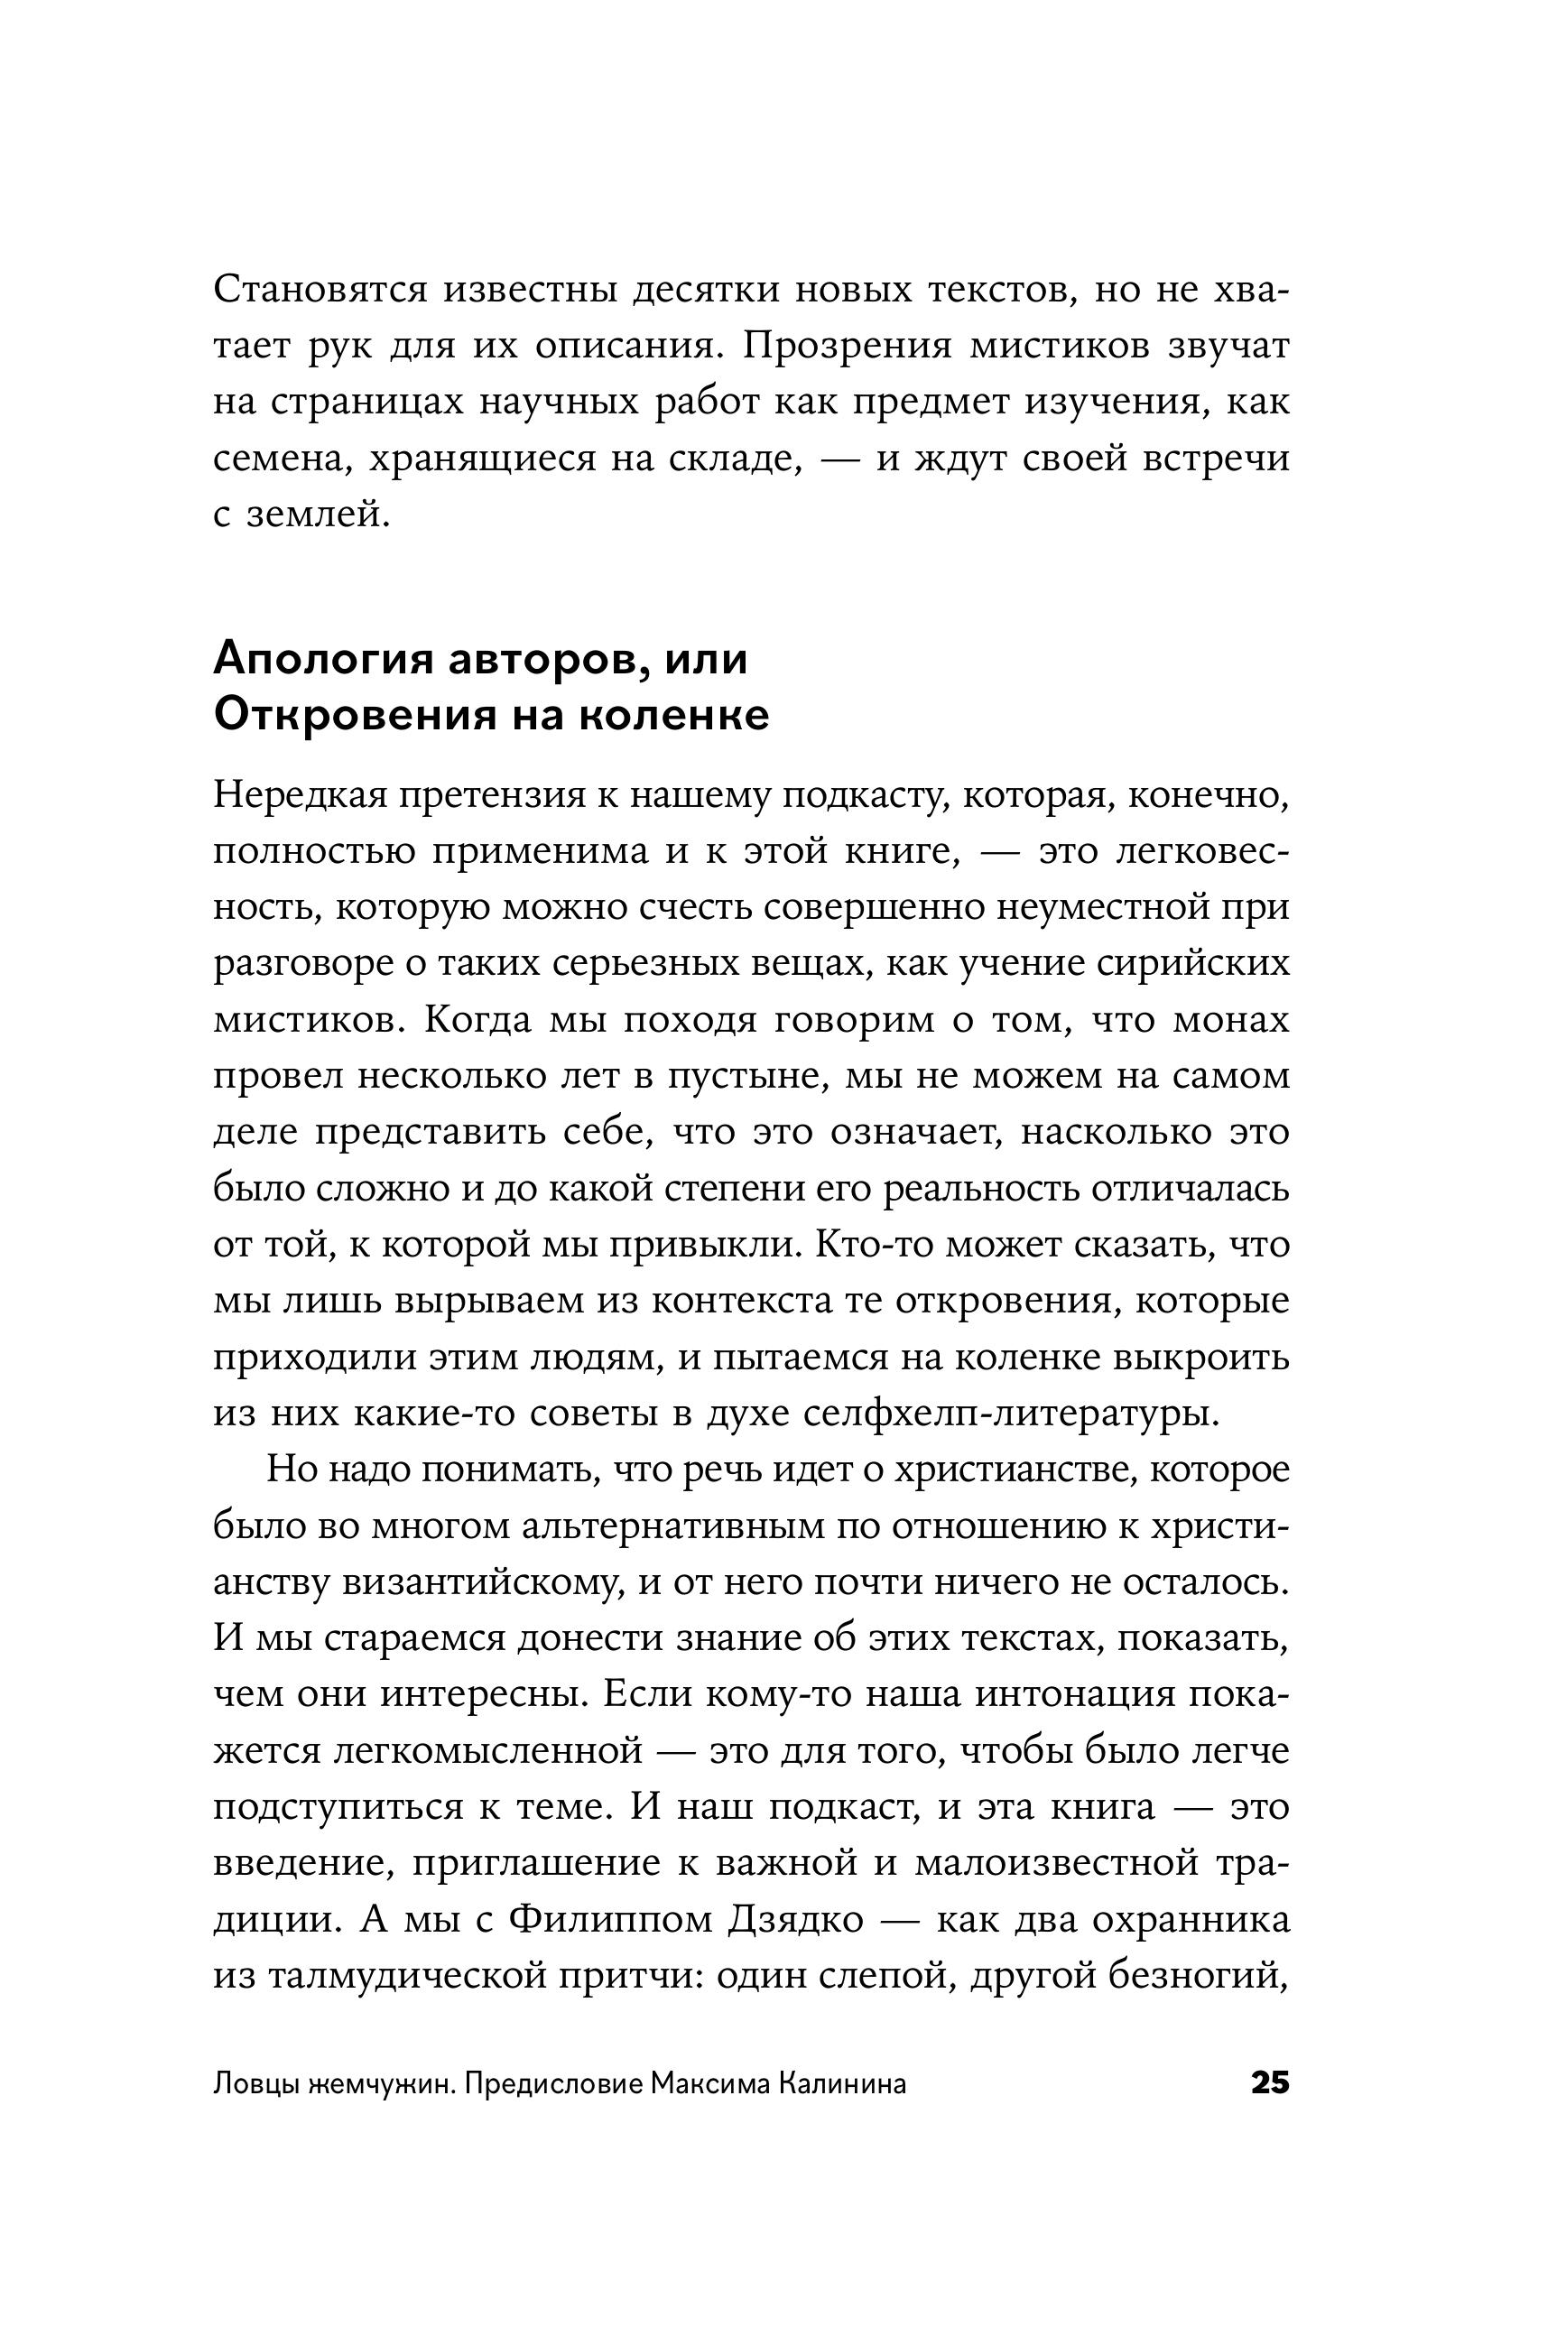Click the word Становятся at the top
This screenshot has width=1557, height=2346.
point(320,290)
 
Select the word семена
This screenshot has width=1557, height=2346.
point(277,459)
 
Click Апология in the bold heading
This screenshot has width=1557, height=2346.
point(319,660)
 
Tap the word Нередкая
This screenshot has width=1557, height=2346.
point(299,795)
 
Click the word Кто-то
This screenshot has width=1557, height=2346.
point(866,1245)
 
